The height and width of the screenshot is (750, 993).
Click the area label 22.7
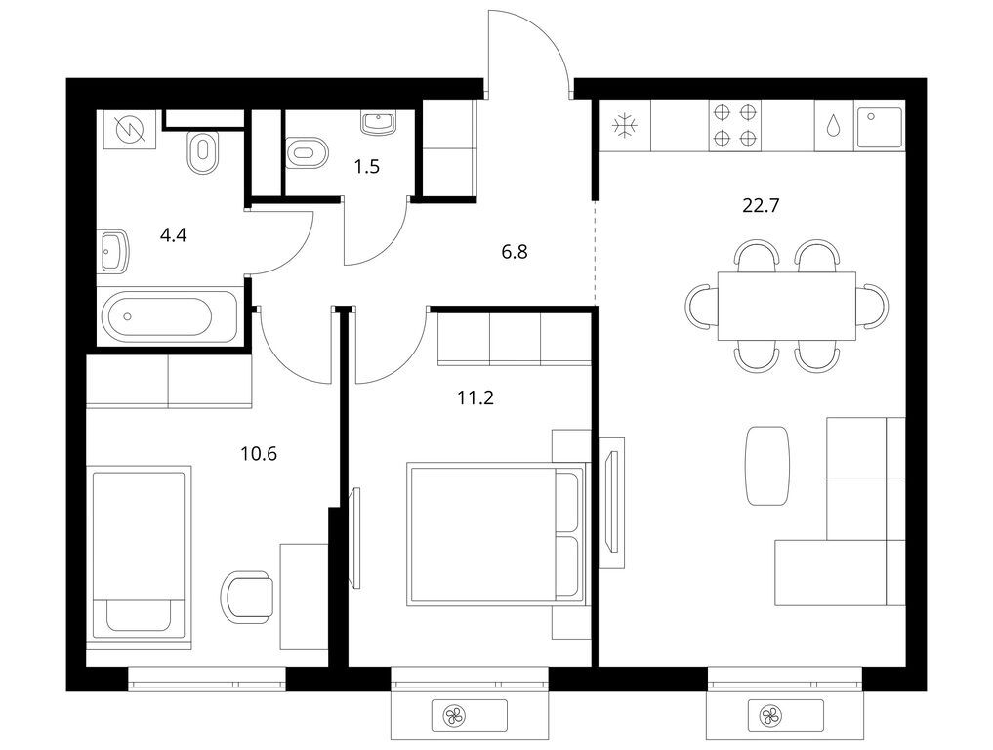(x=761, y=206)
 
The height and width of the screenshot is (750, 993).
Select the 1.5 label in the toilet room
(x=366, y=166)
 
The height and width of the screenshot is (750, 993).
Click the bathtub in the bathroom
(x=157, y=316)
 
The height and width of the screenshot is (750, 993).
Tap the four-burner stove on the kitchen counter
(x=735, y=125)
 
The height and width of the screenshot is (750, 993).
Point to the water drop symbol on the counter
(x=834, y=126)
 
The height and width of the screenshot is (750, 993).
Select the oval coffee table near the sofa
(x=766, y=465)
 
